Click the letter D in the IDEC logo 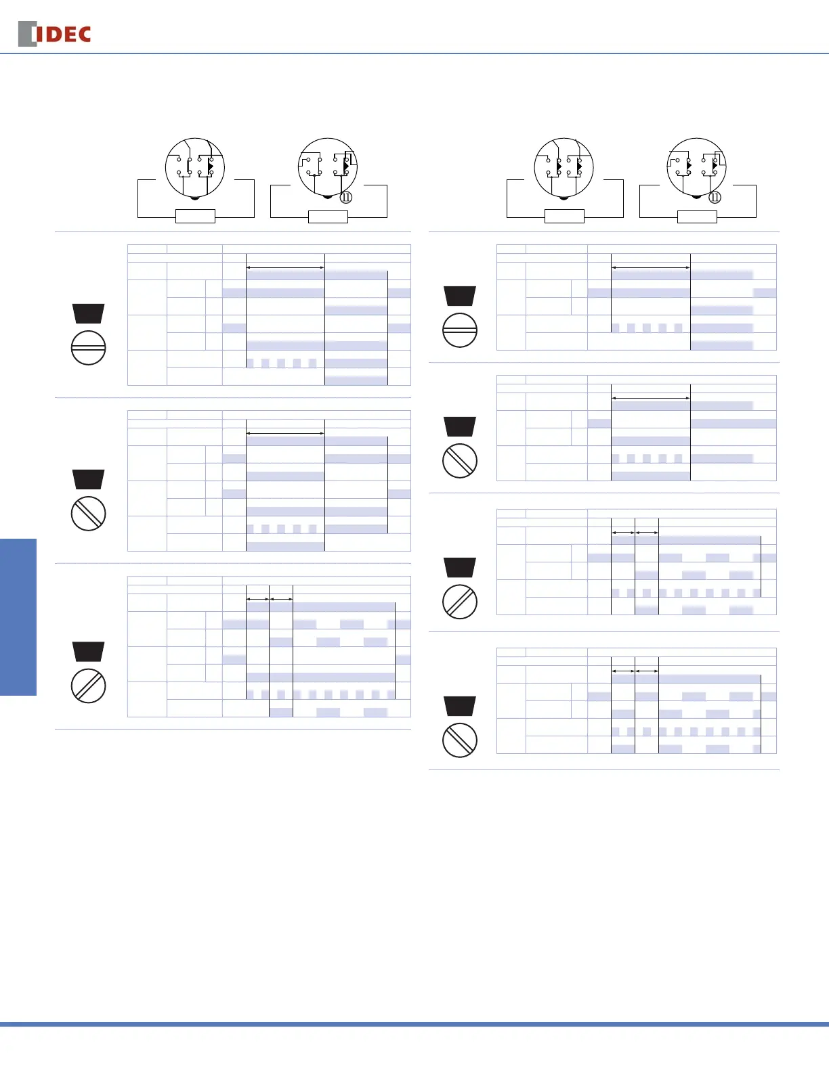tap(51, 35)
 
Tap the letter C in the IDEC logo tap(83, 35)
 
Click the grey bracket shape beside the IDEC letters tap(26, 35)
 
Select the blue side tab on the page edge tap(18, 617)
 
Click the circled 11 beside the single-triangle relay tap(345, 198)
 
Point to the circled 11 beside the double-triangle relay tap(715, 198)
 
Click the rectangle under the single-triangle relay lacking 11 tap(195, 217)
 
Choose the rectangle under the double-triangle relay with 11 tap(697, 217)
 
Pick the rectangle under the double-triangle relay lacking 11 tap(564, 217)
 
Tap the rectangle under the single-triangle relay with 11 tap(328, 217)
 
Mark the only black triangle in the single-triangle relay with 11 tap(345, 166)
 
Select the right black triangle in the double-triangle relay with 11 tap(715, 165)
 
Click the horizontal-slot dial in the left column tap(88, 348)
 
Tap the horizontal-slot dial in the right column tap(459, 331)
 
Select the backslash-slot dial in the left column tap(88, 514)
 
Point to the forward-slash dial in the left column tap(88, 686)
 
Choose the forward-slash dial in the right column tap(459, 602)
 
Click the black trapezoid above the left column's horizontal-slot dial tap(88, 313)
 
